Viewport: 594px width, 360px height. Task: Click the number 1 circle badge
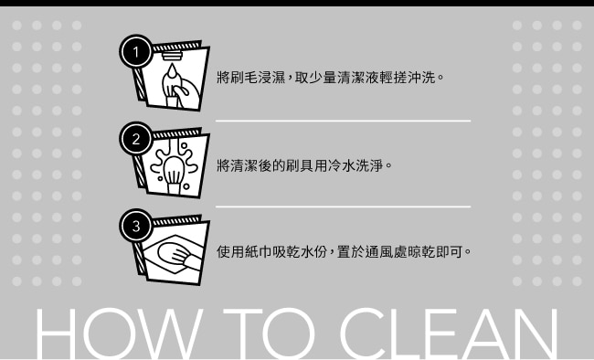(x=136, y=51)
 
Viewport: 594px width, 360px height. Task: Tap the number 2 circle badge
(x=136, y=139)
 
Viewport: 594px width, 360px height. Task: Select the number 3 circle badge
(x=136, y=226)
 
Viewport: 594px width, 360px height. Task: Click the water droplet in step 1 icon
(x=173, y=70)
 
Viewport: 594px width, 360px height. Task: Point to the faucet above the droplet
(x=173, y=56)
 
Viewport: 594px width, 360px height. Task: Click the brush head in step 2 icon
(x=175, y=171)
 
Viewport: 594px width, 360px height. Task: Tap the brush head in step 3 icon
(x=173, y=252)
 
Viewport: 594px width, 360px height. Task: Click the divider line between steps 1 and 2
(x=344, y=121)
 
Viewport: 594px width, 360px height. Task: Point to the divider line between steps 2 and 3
(x=344, y=206)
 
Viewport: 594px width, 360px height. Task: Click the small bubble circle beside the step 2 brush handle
(x=186, y=186)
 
